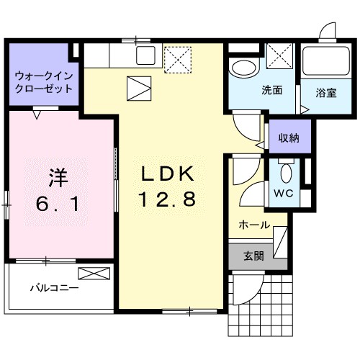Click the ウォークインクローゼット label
(x=44, y=82)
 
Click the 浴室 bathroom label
(x=325, y=92)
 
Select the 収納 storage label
(x=290, y=137)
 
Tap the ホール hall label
(x=255, y=225)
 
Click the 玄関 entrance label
(x=253, y=255)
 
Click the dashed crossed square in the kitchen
(x=176, y=59)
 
